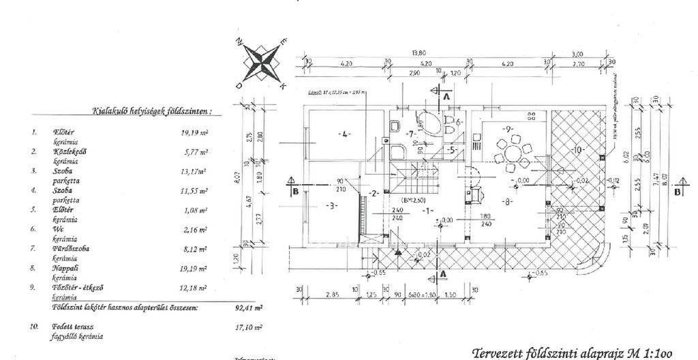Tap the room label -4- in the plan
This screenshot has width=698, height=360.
pyautogui.click(x=344, y=134)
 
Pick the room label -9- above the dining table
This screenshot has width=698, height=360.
pyautogui.click(x=508, y=127)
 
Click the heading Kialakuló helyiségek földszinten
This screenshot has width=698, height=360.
pyautogui.click(x=151, y=110)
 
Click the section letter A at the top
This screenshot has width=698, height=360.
pyautogui.click(x=446, y=97)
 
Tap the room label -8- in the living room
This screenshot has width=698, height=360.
pyautogui.click(x=507, y=202)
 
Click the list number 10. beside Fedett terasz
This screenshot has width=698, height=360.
pyautogui.click(x=33, y=327)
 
